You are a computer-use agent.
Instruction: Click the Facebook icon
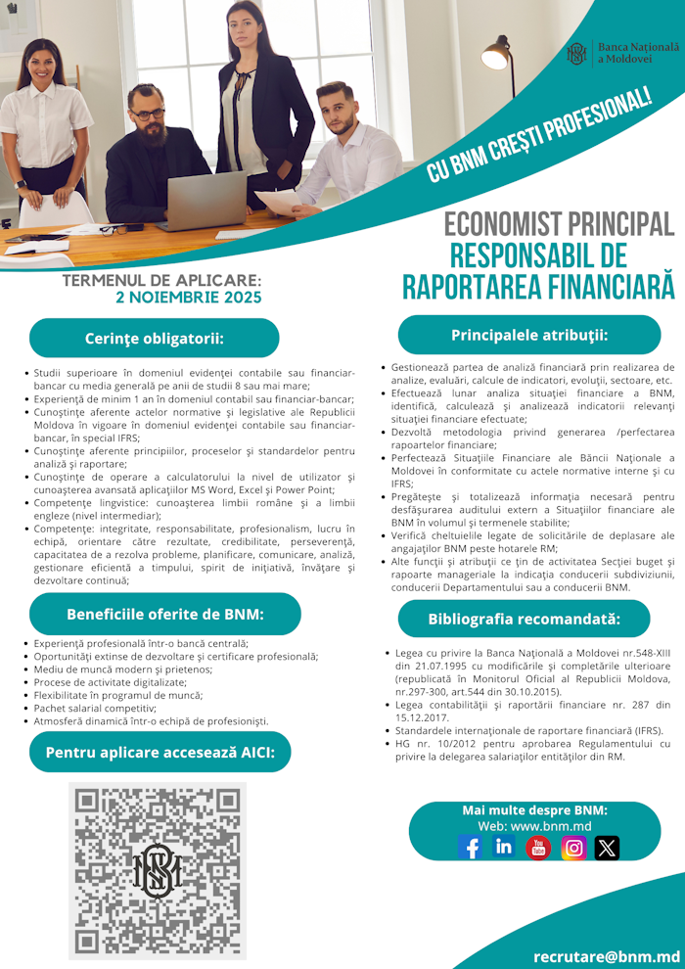[470, 847]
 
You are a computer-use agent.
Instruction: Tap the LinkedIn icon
[504, 847]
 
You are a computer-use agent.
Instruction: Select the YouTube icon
[538, 848]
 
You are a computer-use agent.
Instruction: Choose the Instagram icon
[573, 848]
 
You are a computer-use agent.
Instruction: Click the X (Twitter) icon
[607, 848]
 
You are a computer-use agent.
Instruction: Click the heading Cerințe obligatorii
[155, 338]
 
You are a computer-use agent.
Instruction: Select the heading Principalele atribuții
[529, 335]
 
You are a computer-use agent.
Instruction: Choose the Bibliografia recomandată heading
[524, 619]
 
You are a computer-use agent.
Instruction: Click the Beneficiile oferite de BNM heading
[165, 614]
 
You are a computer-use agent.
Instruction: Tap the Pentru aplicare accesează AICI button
[160, 752]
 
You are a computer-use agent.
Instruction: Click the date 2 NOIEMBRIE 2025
[188, 298]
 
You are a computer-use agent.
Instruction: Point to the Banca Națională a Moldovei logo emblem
[577, 54]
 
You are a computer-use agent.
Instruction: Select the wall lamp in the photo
[497, 54]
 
